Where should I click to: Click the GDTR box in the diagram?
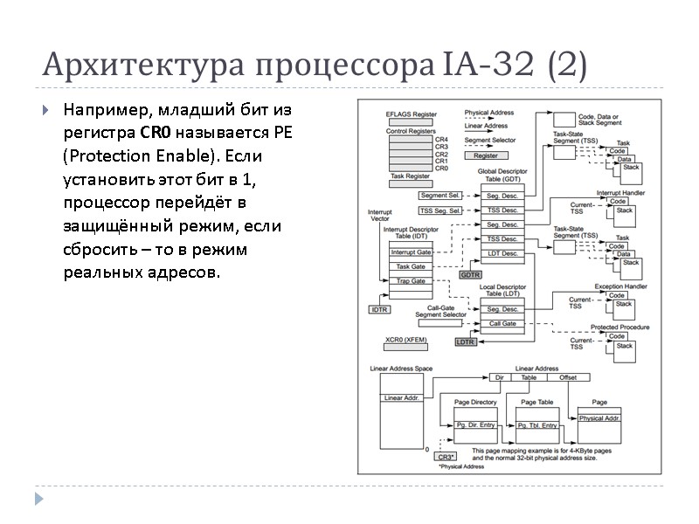470,274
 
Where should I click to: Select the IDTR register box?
379,309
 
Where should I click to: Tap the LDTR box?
465,341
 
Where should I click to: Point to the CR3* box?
446,456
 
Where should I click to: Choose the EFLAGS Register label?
411,114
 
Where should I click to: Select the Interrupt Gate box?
410,252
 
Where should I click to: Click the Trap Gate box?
410,281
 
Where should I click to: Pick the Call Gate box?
502,323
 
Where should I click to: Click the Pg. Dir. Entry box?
475,424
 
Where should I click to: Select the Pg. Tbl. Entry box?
537,424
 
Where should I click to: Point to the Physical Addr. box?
599,418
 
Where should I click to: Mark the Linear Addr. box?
401,398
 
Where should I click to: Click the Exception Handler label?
620,286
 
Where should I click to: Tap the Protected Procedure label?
619,327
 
